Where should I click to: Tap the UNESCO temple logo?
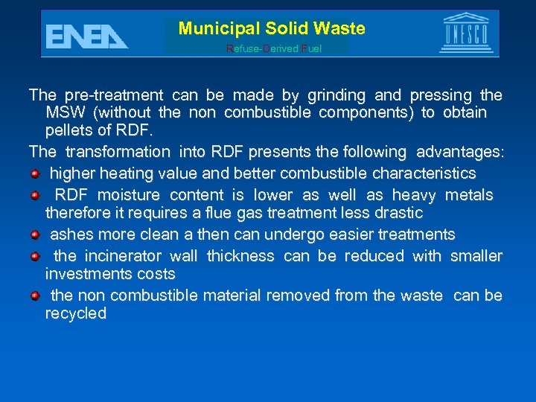coord(467,33)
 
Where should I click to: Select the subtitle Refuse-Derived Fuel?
coord(274,48)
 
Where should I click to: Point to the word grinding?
coord(335,95)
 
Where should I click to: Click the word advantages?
coord(460,152)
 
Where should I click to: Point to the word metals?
coord(468,195)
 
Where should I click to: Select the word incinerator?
coord(121,256)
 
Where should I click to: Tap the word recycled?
coord(76,313)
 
